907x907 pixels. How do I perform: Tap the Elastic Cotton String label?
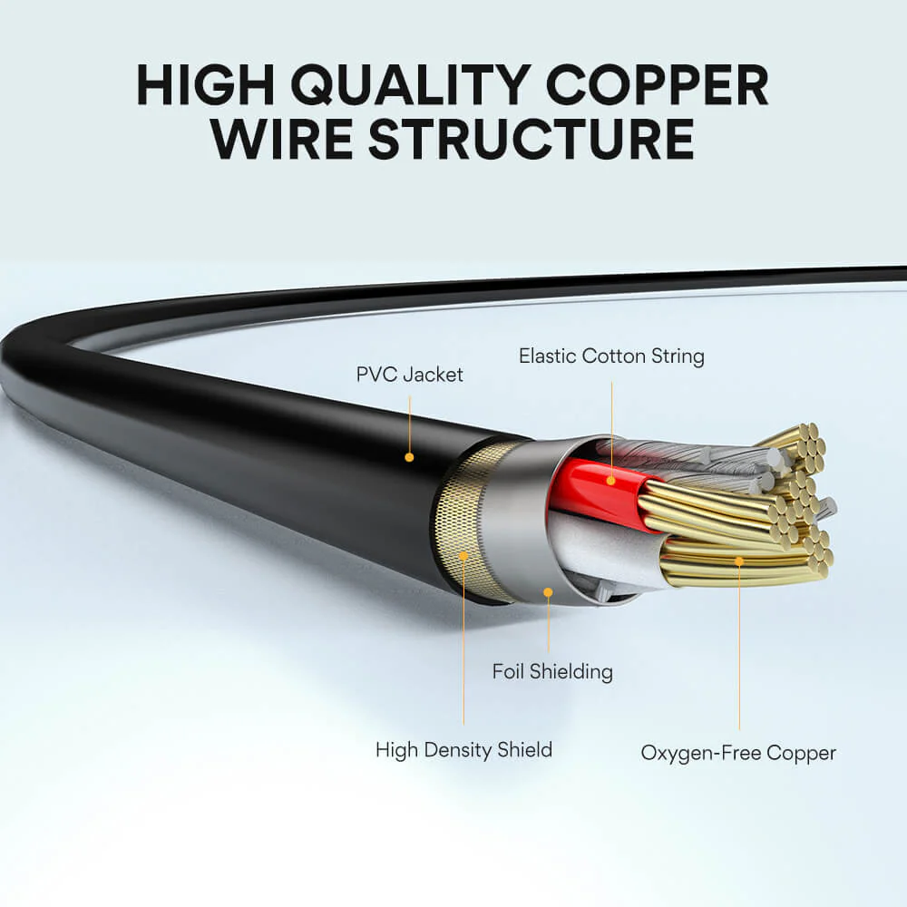(x=611, y=356)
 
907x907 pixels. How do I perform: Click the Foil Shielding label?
(x=552, y=671)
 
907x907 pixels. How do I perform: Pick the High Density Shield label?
(x=463, y=750)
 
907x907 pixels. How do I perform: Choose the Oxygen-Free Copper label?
(x=738, y=753)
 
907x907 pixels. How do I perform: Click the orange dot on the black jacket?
(x=409, y=457)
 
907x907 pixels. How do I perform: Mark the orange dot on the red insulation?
(x=611, y=480)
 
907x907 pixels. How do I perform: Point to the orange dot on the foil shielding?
(x=548, y=592)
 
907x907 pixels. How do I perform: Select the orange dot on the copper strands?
(x=739, y=561)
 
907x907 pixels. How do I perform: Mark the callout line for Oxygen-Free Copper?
(x=739, y=653)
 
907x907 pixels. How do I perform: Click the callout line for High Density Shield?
(x=463, y=644)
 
